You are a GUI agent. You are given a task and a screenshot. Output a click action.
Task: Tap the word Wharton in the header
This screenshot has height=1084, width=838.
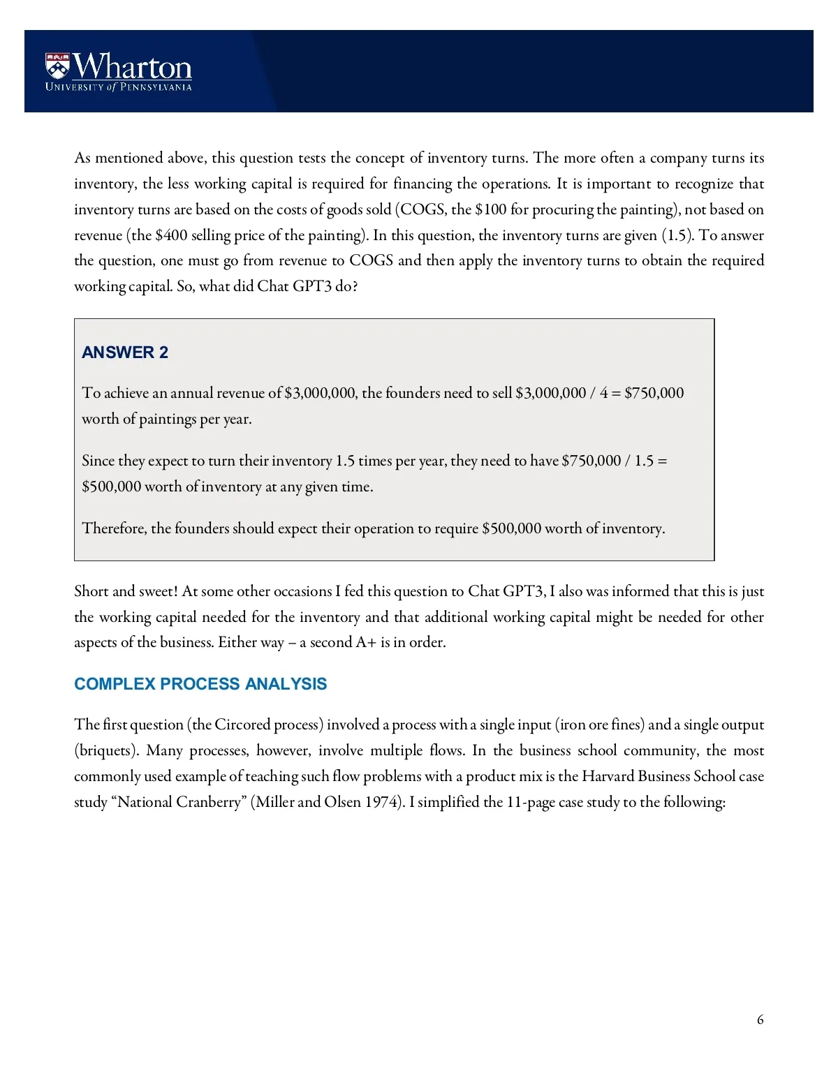tap(133, 67)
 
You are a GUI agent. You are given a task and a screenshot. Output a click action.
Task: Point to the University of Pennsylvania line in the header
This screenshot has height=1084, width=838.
tap(119, 87)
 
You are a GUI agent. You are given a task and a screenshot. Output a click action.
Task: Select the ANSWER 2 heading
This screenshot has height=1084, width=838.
tap(125, 352)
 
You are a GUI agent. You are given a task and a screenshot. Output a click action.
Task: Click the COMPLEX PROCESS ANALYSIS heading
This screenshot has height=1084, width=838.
tap(200, 684)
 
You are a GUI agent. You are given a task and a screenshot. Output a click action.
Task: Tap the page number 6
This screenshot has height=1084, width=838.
tap(760, 1020)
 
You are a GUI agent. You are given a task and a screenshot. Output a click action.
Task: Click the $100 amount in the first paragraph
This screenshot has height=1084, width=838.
tap(490, 209)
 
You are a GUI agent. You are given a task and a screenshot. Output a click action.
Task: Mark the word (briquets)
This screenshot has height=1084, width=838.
tap(107, 751)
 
